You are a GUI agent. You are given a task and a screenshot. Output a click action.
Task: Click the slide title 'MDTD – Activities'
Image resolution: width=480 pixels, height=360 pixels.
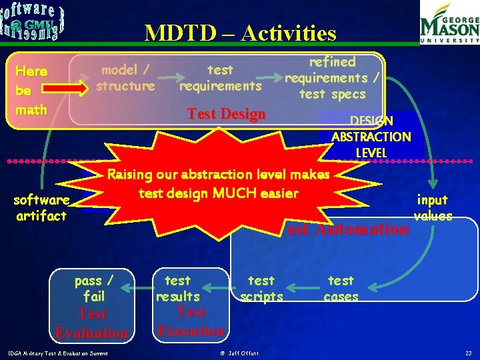(241, 33)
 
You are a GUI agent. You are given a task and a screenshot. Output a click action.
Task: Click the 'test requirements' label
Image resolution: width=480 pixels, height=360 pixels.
(220, 77)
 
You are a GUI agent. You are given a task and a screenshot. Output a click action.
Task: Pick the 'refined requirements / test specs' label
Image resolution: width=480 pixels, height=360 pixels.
(333, 77)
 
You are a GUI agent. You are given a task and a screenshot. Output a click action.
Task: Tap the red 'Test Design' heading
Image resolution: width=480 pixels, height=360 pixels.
(227, 114)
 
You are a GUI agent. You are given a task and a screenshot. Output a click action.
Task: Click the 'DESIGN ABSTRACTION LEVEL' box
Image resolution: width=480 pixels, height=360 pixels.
(371, 137)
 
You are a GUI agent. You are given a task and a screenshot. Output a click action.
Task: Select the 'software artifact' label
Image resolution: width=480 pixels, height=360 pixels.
(41, 207)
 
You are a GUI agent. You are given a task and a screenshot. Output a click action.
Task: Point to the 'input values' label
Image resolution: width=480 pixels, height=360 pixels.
(432, 207)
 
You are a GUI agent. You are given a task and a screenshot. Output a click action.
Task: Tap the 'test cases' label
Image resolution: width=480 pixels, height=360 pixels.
(341, 288)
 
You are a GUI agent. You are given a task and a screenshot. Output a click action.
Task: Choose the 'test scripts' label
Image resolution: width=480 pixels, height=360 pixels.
(261, 288)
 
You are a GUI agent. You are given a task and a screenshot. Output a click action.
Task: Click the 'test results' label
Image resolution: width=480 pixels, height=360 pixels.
(177, 288)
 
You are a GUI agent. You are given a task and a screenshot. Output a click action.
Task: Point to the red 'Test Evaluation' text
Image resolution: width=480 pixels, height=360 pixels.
(92, 323)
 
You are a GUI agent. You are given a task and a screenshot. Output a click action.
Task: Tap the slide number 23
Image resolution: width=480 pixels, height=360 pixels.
(468, 352)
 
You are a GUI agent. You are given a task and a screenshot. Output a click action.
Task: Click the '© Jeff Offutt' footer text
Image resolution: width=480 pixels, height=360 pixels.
(241, 352)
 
